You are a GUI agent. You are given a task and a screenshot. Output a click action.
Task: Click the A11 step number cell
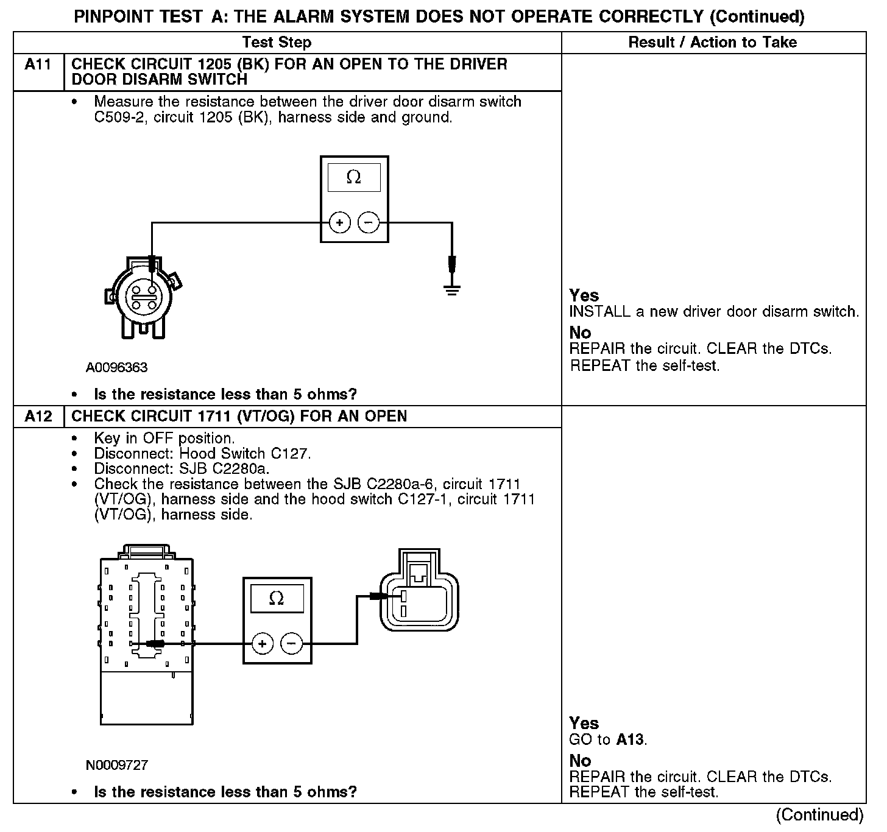click(38, 65)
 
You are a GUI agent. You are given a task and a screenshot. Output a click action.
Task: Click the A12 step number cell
click(38, 417)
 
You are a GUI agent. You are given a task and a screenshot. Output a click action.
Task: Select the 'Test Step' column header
click(277, 42)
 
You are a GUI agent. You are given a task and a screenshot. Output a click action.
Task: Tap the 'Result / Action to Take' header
click(712, 42)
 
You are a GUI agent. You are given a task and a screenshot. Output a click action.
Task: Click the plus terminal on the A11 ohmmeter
click(339, 223)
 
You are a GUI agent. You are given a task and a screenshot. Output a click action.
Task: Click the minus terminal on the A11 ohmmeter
click(368, 223)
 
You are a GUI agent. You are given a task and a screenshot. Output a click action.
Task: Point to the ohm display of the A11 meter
click(353, 177)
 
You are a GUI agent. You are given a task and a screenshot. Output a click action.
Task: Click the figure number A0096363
click(116, 368)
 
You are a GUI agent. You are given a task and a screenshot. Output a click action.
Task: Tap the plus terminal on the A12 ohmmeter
click(262, 643)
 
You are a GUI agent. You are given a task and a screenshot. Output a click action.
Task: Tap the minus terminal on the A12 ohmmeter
click(291, 643)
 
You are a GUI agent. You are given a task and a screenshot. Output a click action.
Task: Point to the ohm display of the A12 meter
click(277, 599)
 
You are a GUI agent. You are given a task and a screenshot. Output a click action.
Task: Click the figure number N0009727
click(116, 765)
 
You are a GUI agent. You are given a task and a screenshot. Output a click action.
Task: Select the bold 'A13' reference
click(630, 740)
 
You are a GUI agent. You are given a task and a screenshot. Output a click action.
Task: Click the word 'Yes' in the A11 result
click(584, 295)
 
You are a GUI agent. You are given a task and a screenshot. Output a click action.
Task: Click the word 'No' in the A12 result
click(580, 761)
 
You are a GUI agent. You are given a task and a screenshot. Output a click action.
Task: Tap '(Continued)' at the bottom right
click(819, 815)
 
